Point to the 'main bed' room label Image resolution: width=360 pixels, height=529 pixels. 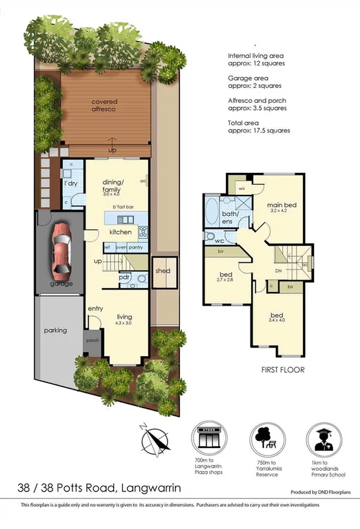pos(282,205)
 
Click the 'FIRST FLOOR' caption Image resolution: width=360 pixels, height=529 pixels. pos(282,370)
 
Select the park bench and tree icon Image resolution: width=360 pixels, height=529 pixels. pos(264,438)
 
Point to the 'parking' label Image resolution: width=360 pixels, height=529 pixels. pos(55,330)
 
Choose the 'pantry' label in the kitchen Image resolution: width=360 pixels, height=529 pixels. pos(135,247)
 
